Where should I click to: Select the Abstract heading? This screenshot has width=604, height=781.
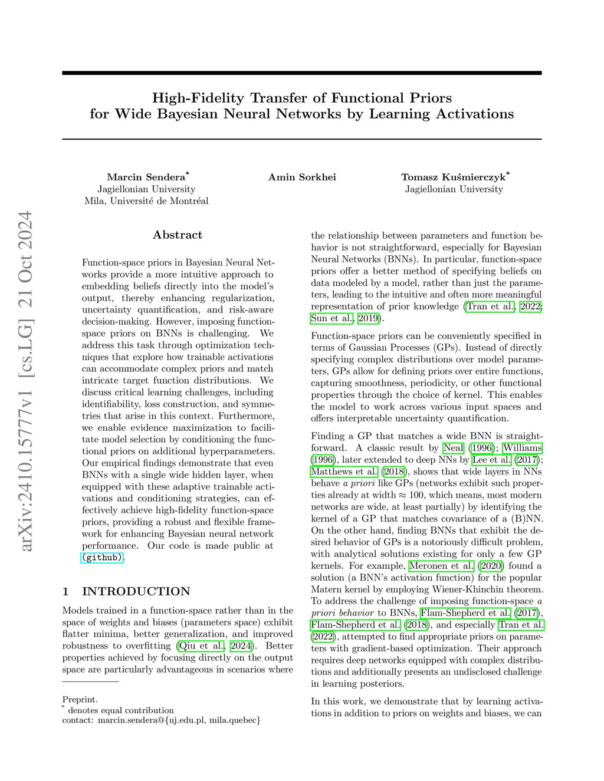[x=178, y=235]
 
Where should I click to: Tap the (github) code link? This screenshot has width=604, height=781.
[x=102, y=557]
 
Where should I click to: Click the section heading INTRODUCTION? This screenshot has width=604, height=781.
[x=136, y=591]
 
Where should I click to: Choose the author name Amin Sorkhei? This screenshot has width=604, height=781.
[x=302, y=177]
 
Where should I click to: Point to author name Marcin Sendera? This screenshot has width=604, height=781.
[x=146, y=177]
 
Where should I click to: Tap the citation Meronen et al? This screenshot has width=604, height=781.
[x=441, y=566]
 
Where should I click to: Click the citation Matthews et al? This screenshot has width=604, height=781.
[x=344, y=472]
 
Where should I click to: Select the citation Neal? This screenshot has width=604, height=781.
[x=454, y=448]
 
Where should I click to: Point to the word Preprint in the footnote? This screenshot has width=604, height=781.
[x=80, y=700]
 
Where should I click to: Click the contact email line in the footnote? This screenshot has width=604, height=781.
[x=161, y=720]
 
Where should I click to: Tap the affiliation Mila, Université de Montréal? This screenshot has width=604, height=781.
[x=146, y=201]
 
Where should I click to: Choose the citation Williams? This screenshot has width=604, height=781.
[x=522, y=448]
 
